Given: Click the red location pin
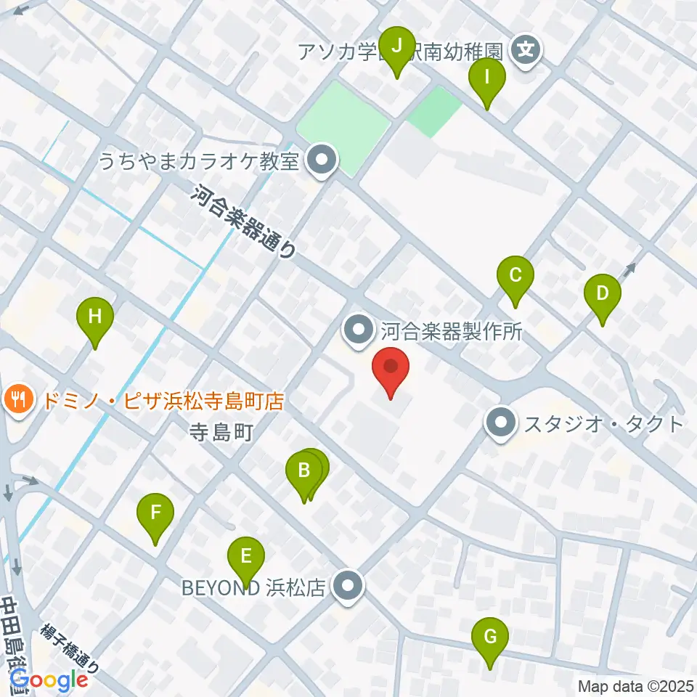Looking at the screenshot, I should pyautogui.click(x=391, y=368).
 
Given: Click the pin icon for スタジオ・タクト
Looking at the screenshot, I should pyautogui.click(x=501, y=423).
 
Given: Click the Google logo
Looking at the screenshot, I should pyautogui.click(x=48, y=680).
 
